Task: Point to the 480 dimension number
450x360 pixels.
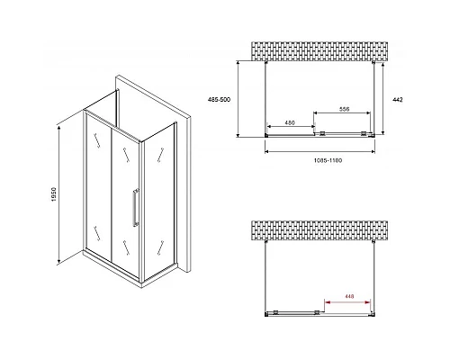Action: (x=289, y=122)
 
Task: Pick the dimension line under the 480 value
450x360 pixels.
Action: (x=289, y=129)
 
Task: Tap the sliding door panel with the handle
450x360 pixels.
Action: (x=126, y=193)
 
